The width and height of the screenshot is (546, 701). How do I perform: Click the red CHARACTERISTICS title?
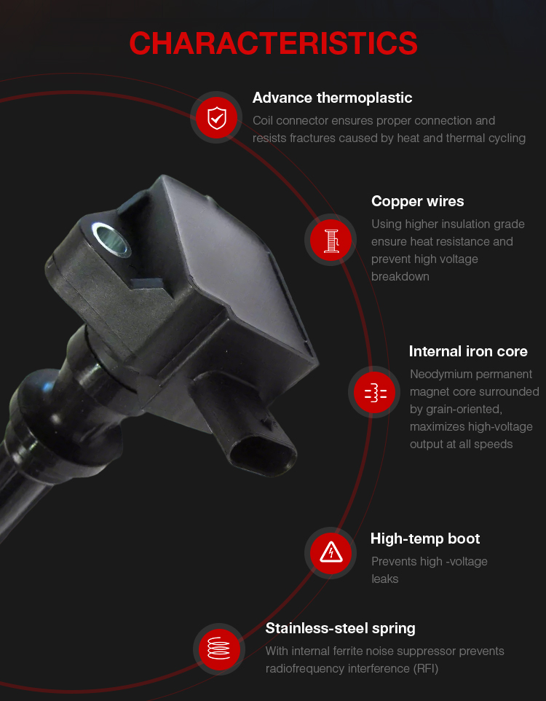coord(273,44)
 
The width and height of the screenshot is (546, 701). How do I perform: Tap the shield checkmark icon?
coord(217,117)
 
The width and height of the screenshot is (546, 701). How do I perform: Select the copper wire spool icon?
coord(331,240)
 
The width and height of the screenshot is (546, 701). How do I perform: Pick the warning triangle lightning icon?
coord(331,553)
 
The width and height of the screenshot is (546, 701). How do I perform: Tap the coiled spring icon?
coord(219,649)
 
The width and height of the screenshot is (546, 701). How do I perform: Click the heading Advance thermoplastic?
coord(332,98)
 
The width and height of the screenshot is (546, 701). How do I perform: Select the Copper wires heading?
coord(417,201)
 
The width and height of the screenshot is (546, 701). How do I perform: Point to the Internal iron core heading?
coord(468,351)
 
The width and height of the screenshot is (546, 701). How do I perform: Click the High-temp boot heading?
coord(425,539)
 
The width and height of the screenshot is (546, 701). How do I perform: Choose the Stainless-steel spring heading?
coord(340,629)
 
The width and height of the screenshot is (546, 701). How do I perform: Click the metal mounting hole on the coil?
coord(110,239)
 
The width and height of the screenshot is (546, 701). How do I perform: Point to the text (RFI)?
coord(426,668)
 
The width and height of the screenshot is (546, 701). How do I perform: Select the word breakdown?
coord(400,276)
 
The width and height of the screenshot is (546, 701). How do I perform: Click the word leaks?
coord(384,579)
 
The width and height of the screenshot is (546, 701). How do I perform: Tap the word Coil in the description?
coord(263,121)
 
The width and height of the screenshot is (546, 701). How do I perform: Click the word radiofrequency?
coord(305,669)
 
